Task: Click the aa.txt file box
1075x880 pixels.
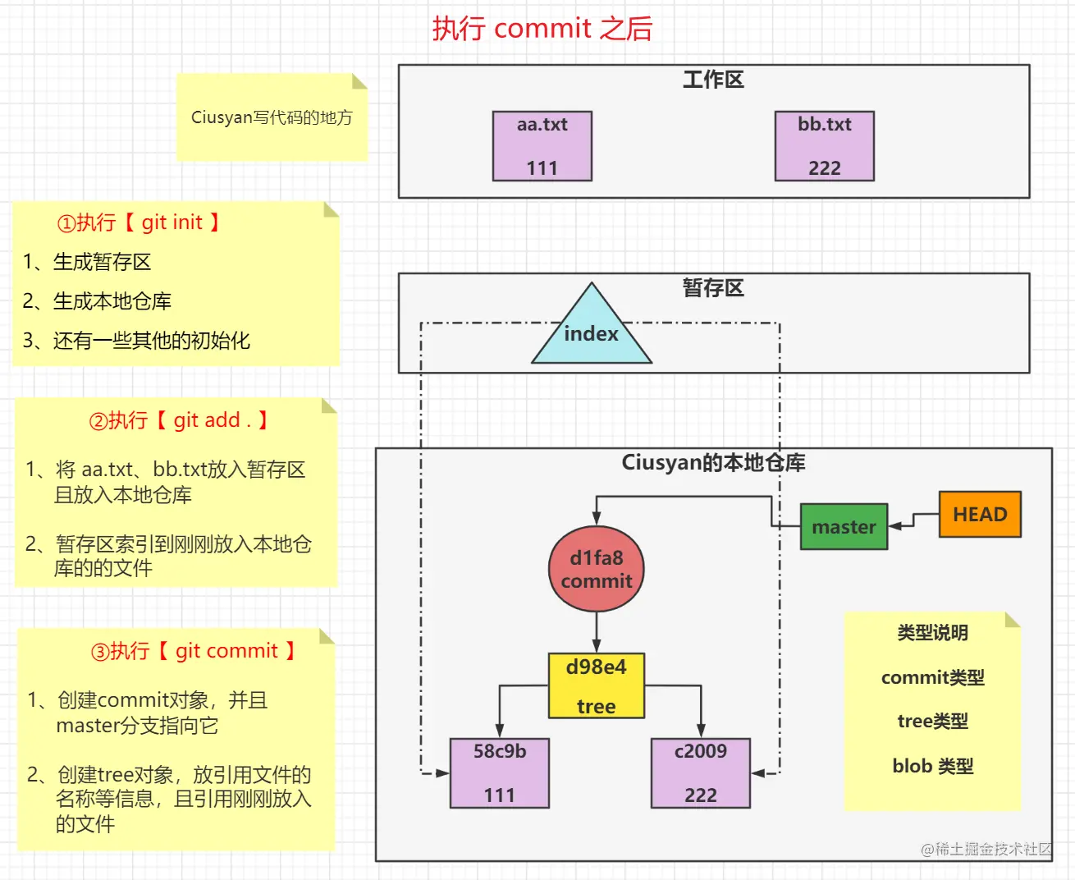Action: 542,146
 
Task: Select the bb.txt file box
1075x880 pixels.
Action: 824,146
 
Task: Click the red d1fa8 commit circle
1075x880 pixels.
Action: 597,569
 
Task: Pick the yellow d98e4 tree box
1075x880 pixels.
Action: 597,686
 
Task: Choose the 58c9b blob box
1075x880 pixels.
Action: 499,772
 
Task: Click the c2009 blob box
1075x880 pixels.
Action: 700,772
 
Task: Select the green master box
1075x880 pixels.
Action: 844,526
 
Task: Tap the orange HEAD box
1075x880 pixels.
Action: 980,515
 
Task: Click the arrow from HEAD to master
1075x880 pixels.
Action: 913,520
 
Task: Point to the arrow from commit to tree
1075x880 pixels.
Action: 597,632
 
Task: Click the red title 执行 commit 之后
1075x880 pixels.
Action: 542,29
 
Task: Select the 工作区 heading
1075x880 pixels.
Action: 713,80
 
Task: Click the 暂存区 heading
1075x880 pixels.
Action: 713,288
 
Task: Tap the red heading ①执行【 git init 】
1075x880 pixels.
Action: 139,223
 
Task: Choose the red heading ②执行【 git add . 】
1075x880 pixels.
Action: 179,421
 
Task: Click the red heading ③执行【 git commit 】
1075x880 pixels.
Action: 194,652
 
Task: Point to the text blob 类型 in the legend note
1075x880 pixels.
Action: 933,766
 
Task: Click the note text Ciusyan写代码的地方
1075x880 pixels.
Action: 272,117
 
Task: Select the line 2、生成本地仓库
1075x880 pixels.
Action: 97,301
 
